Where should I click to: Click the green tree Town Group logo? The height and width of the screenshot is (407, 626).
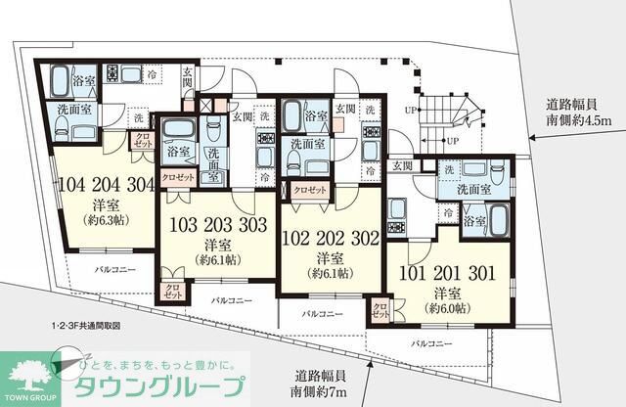click(x=24, y=375)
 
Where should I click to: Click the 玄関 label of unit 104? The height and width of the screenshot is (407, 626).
click(x=188, y=79)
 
